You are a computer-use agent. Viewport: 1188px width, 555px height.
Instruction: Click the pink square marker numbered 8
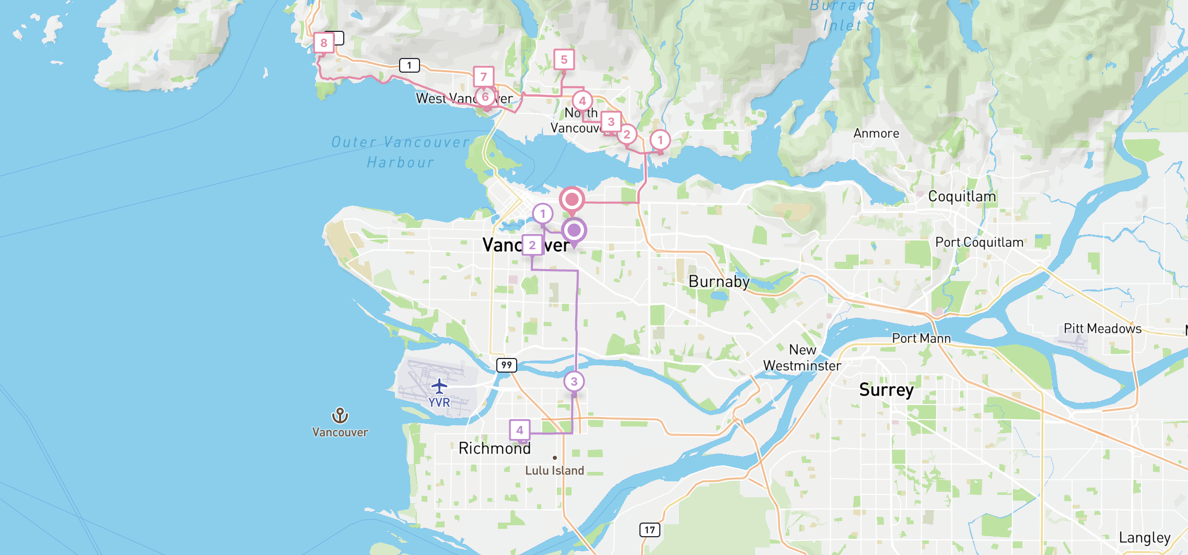pos(324,43)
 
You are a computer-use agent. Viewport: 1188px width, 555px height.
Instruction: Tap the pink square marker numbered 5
pos(564,60)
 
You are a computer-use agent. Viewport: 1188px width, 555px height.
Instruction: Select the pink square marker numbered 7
pos(484,77)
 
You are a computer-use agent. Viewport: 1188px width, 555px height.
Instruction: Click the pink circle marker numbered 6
pos(485,97)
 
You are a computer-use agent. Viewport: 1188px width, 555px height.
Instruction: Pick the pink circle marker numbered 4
pos(582,101)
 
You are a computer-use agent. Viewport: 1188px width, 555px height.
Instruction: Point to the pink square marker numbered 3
pos(611,122)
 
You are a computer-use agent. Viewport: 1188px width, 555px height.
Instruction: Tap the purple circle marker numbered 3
pos(574,381)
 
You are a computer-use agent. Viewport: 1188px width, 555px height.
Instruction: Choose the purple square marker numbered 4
pos(520,430)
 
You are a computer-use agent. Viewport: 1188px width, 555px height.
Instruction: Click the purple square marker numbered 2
pos(532,245)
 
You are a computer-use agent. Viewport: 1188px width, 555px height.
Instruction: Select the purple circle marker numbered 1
pos(543,213)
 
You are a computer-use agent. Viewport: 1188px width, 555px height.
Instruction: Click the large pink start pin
pos(572,200)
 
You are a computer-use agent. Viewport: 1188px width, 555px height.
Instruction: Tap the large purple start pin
pos(574,230)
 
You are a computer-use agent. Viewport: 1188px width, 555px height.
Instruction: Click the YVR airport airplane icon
pos(439,387)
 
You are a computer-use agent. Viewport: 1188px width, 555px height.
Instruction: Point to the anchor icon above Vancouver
pos(340,415)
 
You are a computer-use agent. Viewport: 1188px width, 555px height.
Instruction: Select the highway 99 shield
pos(506,365)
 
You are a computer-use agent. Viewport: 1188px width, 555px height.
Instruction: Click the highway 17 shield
pos(649,530)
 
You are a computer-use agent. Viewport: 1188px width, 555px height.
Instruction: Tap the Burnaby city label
pos(719,282)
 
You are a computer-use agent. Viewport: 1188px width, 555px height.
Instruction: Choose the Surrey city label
pos(886,390)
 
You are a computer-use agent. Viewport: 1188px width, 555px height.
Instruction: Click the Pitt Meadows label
pos(1102,329)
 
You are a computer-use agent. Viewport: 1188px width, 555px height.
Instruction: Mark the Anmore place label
pos(876,134)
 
